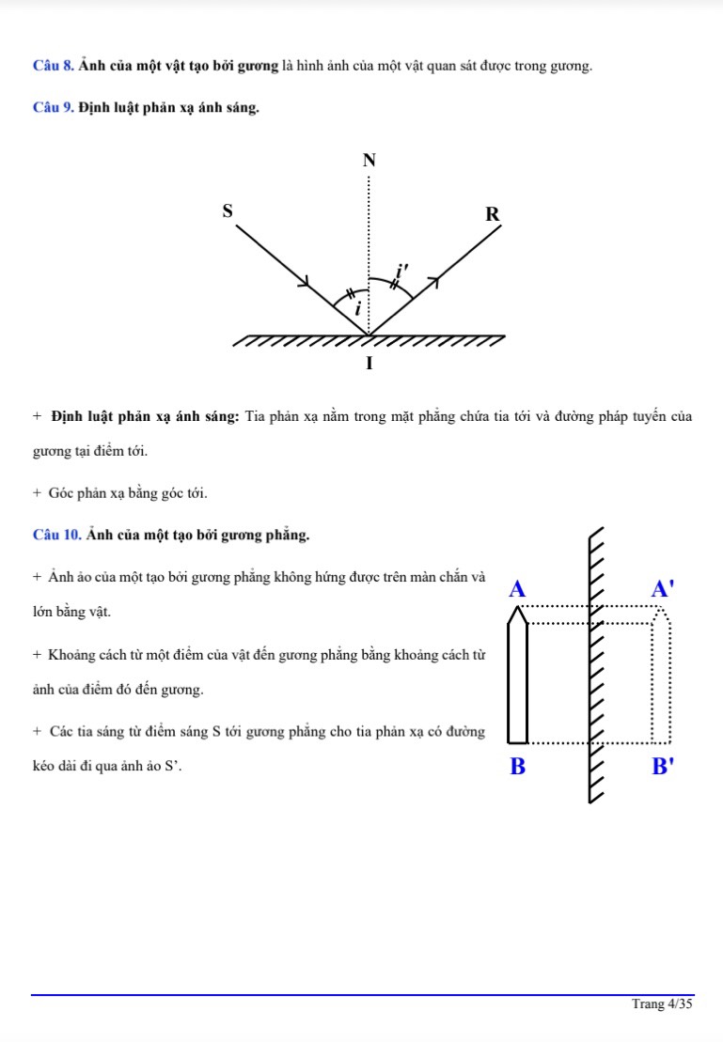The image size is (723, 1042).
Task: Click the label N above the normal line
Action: (x=369, y=161)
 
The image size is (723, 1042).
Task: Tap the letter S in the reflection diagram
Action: (x=227, y=210)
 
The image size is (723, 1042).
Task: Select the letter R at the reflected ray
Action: (x=492, y=215)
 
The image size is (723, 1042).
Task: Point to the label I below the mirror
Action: (x=369, y=363)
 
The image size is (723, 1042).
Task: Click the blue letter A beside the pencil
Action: (x=516, y=590)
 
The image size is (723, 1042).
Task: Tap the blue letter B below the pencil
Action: (x=516, y=767)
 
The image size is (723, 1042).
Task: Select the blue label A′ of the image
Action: (x=663, y=590)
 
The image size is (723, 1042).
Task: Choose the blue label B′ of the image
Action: (x=663, y=767)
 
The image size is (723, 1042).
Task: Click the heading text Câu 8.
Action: (x=53, y=66)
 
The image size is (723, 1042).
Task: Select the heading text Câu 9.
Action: (x=53, y=108)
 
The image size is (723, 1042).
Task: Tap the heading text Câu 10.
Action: (x=56, y=535)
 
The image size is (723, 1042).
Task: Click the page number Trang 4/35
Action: (x=662, y=1004)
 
